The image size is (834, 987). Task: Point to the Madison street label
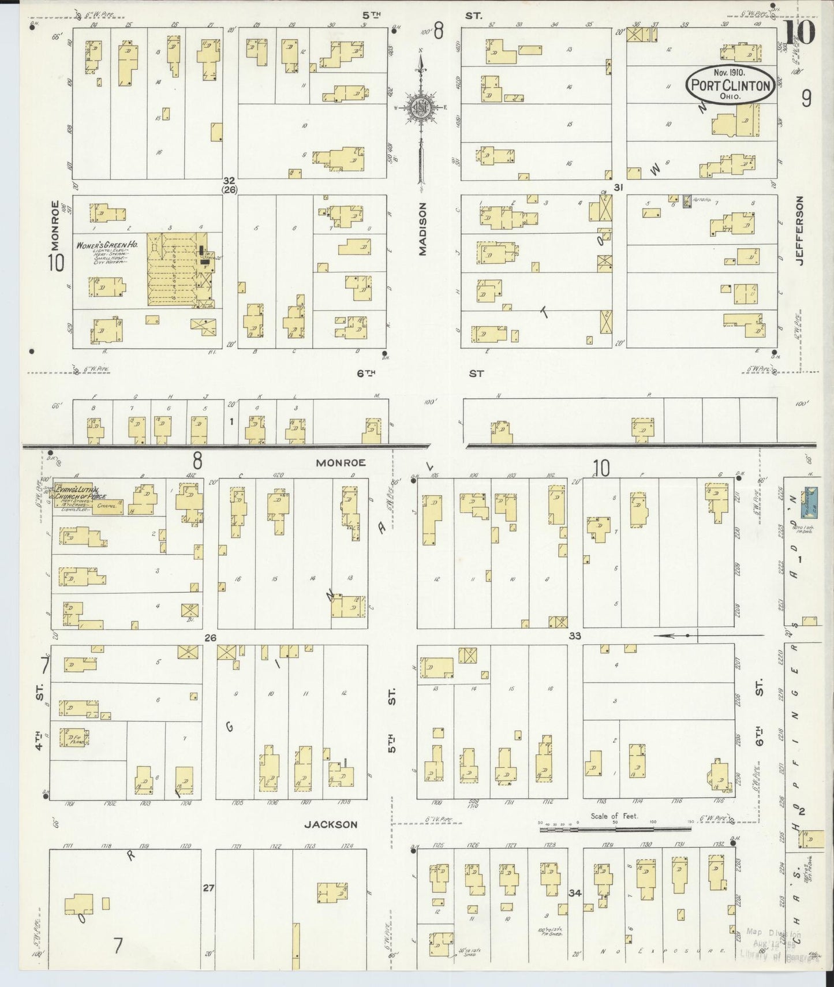click(422, 229)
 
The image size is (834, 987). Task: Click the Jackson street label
click(331, 825)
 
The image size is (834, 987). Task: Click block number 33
click(575, 636)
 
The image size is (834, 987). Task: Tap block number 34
click(574, 893)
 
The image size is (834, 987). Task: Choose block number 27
click(208, 888)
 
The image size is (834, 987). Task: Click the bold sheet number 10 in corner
click(799, 33)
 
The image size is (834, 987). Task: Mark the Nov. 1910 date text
click(729, 73)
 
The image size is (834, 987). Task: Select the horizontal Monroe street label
click(341, 463)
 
